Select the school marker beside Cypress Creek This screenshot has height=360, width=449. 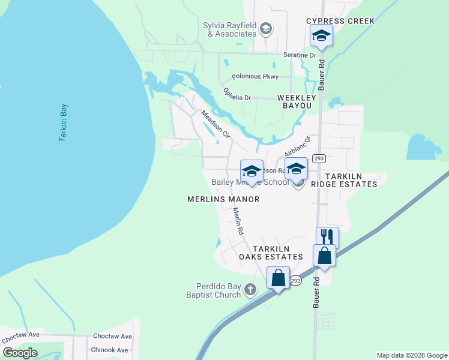(x=321, y=36)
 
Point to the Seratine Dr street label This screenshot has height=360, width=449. (x=300, y=55)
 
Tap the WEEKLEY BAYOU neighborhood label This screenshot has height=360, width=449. (x=294, y=101)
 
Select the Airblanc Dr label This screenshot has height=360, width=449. (x=297, y=146)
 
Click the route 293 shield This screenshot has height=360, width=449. (x=319, y=158)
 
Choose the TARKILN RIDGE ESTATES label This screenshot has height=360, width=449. (x=351, y=179)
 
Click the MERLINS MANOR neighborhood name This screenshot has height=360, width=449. (x=223, y=199)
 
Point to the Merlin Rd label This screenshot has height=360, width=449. (x=238, y=220)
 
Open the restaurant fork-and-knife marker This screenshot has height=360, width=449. (x=327, y=237)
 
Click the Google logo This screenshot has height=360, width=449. (x=20, y=352)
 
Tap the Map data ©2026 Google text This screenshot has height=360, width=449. (x=411, y=355)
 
